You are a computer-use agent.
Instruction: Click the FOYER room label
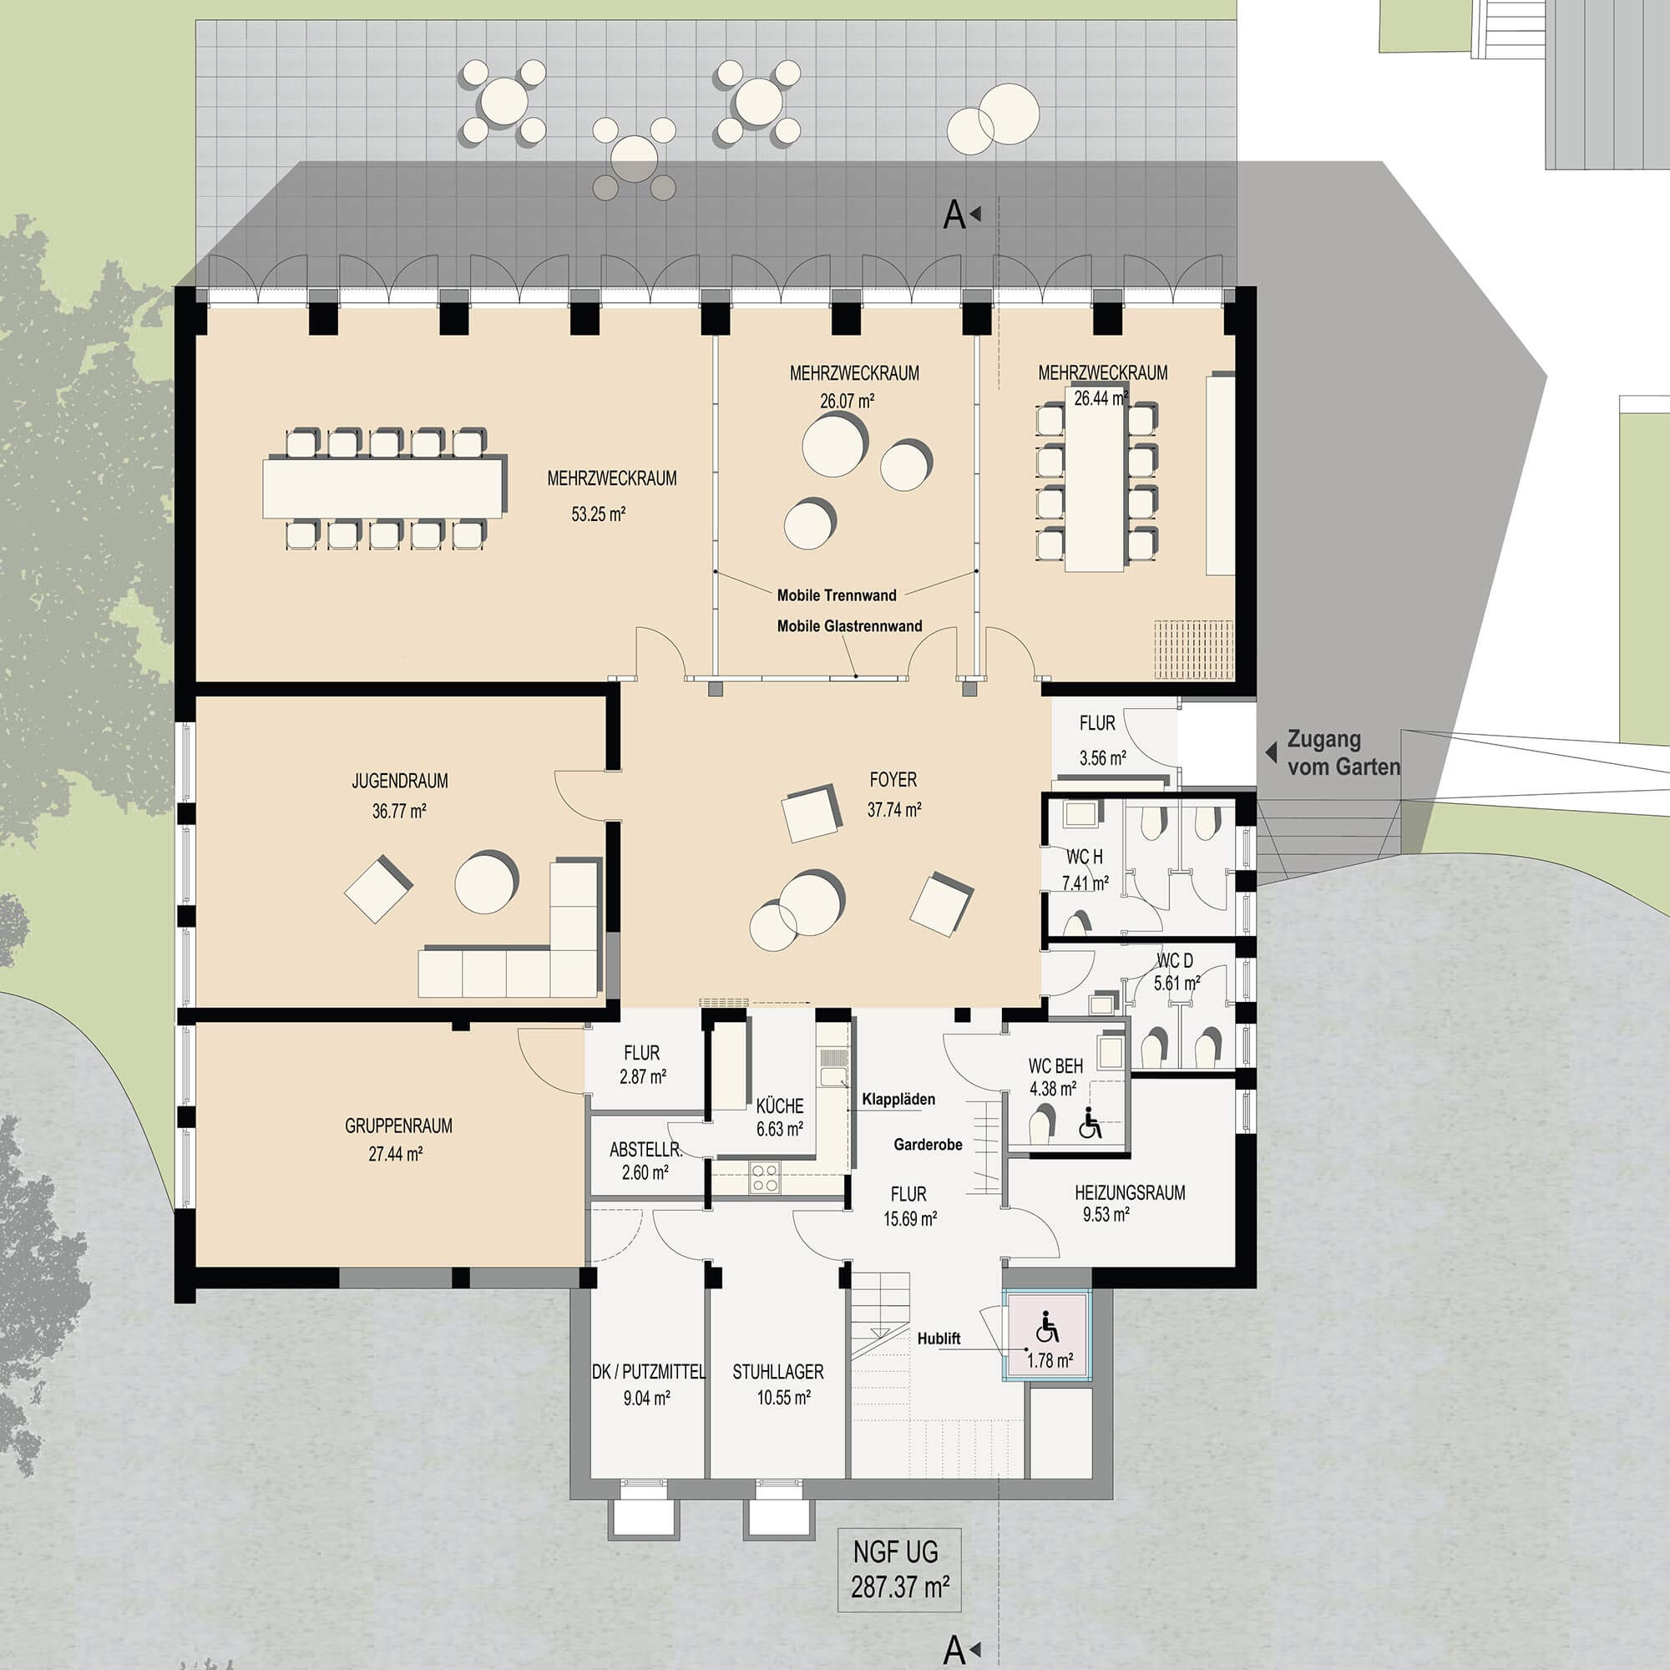(893, 780)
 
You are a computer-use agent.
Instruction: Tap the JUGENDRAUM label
(399, 782)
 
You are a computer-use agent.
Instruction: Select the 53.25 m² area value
(598, 514)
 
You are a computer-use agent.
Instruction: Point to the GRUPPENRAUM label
(398, 1126)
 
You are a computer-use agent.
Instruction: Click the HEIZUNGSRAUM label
(1130, 1193)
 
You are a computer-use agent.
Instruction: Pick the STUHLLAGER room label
(778, 1372)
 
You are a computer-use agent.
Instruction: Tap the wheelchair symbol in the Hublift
(1047, 1327)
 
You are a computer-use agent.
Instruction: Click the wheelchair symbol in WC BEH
(1090, 1125)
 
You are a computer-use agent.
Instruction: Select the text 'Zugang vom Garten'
(1344, 753)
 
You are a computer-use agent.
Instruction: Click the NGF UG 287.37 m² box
(899, 1570)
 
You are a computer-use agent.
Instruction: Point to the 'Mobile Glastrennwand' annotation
(849, 625)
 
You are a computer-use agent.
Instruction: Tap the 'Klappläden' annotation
(898, 1100)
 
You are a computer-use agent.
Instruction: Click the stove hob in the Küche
(764, 1178)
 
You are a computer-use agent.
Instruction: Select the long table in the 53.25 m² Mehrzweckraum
(383, 488)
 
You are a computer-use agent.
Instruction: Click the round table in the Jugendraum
(486, 883)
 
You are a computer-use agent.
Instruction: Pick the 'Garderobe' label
(928, 1145)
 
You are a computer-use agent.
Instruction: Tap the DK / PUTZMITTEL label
(648, 1372)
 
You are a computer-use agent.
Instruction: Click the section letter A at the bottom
(954, 1650)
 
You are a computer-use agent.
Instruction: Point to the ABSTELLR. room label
(645, 1150)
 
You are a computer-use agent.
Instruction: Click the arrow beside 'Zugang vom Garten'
(1271, 752)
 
